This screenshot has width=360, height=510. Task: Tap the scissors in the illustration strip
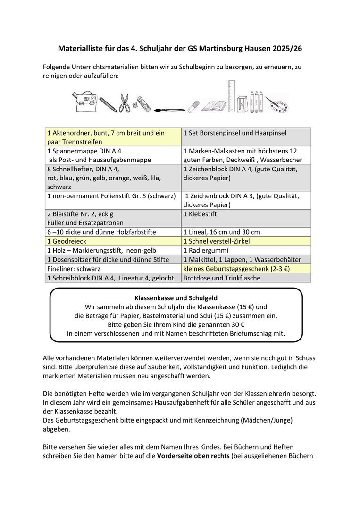coord(124,103)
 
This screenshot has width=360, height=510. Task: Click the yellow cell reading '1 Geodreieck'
coord(113,241)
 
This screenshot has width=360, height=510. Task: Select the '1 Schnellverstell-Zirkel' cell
coord(246,241)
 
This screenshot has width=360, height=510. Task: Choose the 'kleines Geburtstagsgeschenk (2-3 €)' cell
coord(246,269)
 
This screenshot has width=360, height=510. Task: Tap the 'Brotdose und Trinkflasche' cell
coord(246,278)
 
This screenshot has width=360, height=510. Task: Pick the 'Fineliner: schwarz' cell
coord(113,269)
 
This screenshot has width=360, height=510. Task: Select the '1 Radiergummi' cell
coord(246,250)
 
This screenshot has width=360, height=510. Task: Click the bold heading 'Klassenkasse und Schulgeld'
coord(176,298)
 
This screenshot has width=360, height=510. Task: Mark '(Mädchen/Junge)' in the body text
coord(271,419)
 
